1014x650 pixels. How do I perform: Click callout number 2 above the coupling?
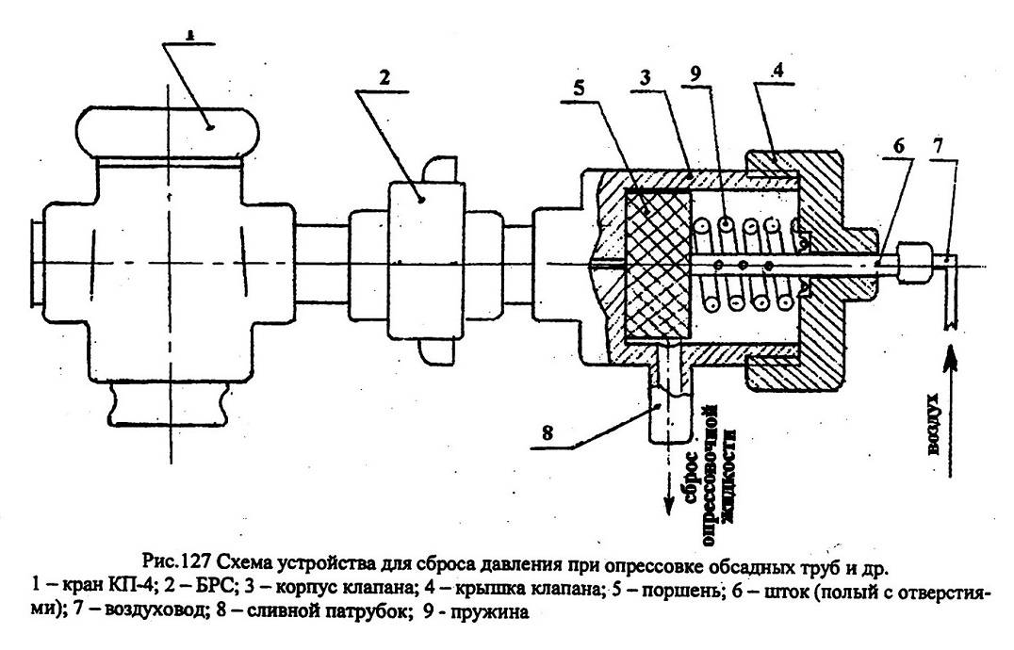tap(384, 77)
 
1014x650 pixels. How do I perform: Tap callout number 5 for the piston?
tap(579, 88)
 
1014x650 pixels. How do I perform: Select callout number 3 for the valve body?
tap(645, 78)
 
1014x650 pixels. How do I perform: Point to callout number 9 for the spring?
tap(695, 74)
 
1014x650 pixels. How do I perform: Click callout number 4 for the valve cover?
tap(778, 71)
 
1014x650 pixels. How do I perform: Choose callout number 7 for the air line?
tap(939, 146)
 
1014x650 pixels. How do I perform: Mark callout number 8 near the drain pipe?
tap(548, 433)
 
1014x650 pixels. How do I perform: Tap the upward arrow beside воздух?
tap(951, 412)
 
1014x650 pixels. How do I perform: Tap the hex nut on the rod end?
tap(913, 261)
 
